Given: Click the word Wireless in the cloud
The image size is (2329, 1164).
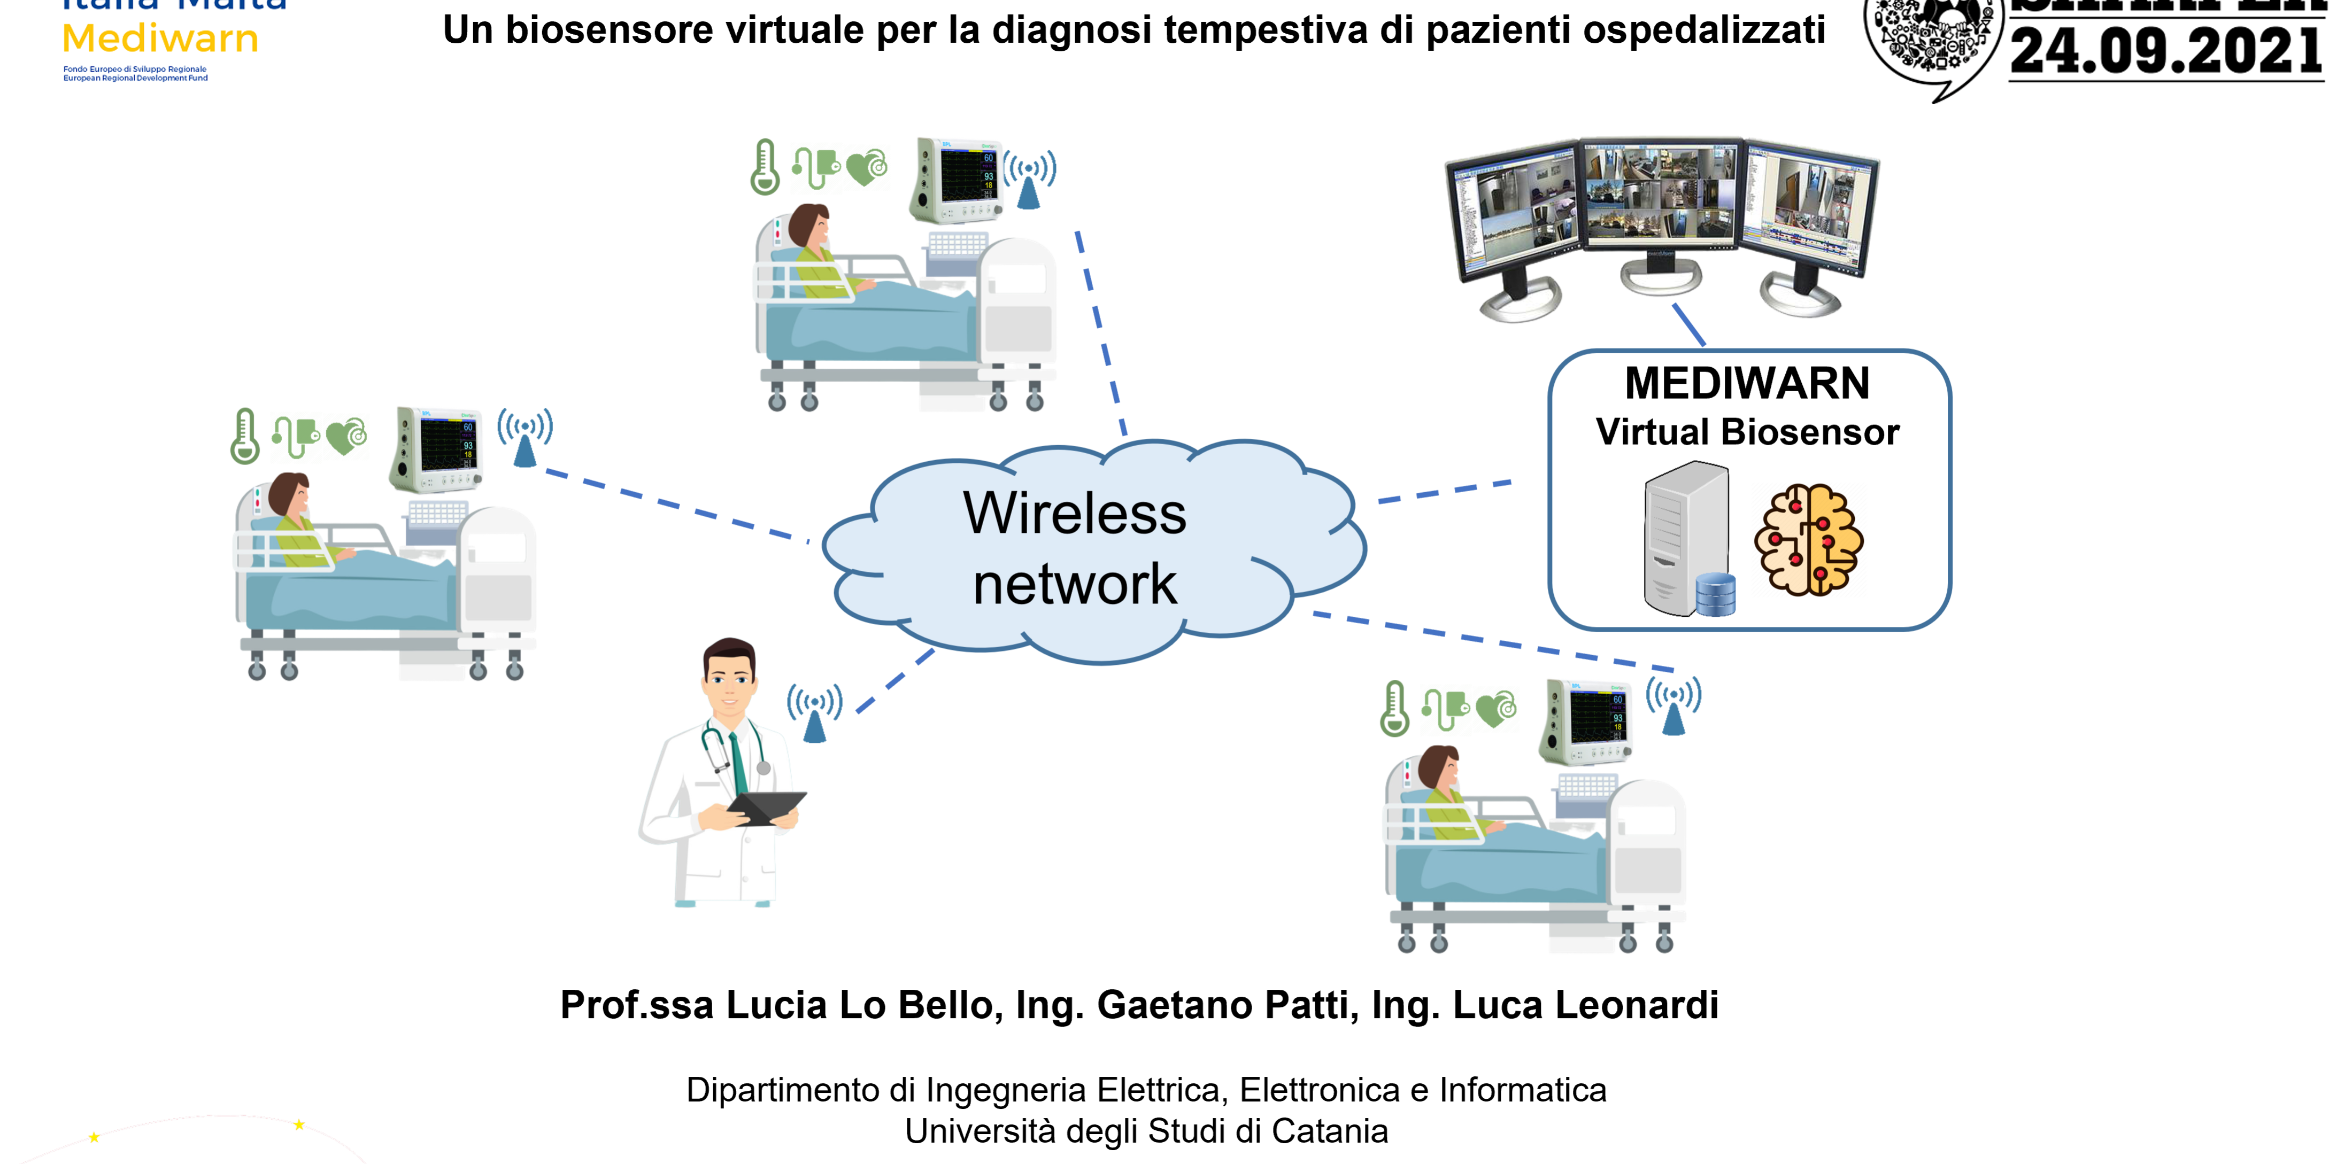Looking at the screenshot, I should tap(1074, 513).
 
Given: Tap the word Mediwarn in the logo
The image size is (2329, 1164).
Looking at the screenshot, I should tap(160, 39).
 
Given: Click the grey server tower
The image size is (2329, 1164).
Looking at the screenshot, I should tap(1684, 533).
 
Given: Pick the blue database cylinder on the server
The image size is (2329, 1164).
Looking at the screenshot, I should tap(1715, 595).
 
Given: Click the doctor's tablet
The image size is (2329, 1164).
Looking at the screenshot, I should tap(767, 806).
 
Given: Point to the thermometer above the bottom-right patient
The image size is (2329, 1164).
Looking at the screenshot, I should tap(1394, 709).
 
